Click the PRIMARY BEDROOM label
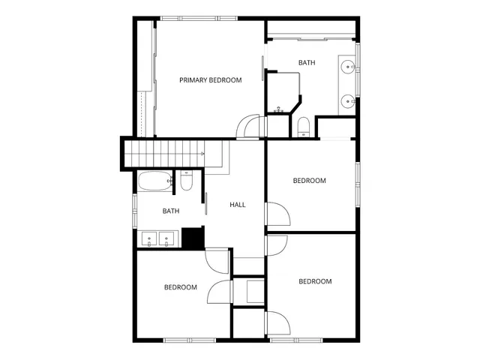point(210,79)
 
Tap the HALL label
point(238,205)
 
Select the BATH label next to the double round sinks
point(307,63)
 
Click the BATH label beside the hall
point(171,211)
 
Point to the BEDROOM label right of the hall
point(309,181)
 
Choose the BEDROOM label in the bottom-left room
point(181,287)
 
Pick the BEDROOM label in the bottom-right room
point(315,282)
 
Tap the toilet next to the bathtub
point(187,181)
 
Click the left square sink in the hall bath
point(150,239)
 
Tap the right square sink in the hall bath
point(168,239)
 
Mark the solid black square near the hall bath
point(193,238)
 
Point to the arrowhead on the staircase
point(202,154)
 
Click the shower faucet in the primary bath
point(279,109)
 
